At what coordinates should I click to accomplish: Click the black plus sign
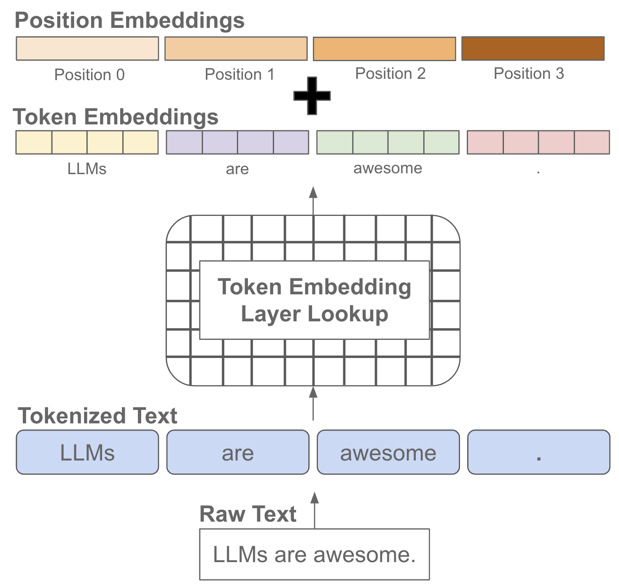[312, 96]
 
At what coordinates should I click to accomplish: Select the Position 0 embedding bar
[87, 48]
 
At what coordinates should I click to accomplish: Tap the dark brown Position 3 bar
[533, 48]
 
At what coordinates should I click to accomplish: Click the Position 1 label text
[240, 75]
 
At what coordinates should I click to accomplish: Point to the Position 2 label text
[390, 74]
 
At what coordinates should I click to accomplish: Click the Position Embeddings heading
[129, 20]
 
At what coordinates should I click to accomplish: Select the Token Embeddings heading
[116, 117]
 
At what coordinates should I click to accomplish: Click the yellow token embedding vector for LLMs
[87, 143]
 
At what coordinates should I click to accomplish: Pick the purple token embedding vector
[237, 143]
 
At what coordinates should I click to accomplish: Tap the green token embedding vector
[388, 143]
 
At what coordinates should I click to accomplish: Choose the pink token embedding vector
[538, 143]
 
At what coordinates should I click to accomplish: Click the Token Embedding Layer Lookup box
[314, 300]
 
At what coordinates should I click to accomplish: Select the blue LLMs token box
[87, 452]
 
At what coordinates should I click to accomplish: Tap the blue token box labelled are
[238, 452]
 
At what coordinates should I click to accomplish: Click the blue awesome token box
[388, 452]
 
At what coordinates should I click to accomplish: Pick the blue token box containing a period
[538, 452]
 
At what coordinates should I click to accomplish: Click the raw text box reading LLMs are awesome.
[314, 555]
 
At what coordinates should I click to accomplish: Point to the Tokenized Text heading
[97, 416]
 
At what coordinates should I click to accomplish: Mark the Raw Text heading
[248, 514]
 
